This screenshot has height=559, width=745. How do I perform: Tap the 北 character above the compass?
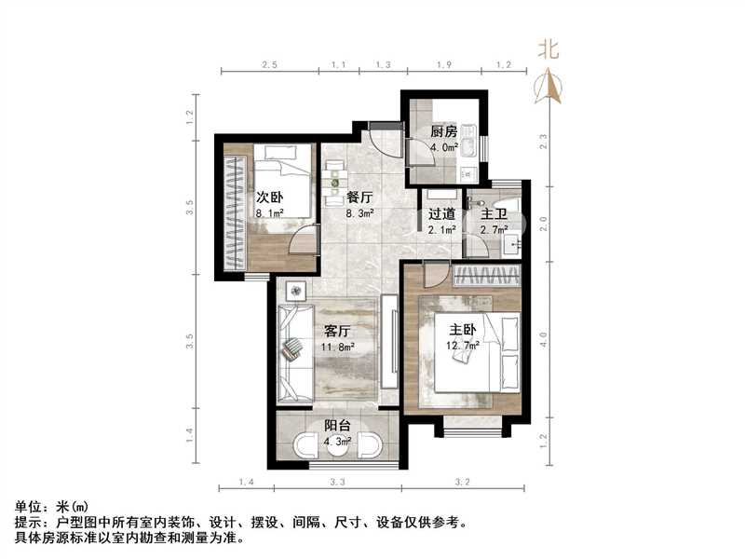pyautogui.click(x=549, y=49)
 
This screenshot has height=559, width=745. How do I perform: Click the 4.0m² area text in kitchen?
pyautogui.click(x=443, y=146)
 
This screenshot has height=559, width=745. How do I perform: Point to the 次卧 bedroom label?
pyautogui.click(x=270, y=197)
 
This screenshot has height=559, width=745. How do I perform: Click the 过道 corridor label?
pyautogui.click(x=441, y=213)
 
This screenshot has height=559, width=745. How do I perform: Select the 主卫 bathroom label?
pyautogui.click(x=493, y=213)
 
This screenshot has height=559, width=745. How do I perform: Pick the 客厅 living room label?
pyautogui.click(x=336, y=332)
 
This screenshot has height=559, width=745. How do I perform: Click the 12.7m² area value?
pyautogui.click(x=463, y=345)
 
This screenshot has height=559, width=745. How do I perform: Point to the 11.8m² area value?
pyautogui.click(x=336, y=348)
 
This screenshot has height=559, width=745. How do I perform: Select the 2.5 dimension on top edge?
pyautogui.click(x=269, y=65)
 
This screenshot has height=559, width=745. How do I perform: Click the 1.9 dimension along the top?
pyautogui.click(x=444, y=65)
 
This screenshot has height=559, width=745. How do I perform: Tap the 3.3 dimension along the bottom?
pyautogui.click(x=337, y=481)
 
